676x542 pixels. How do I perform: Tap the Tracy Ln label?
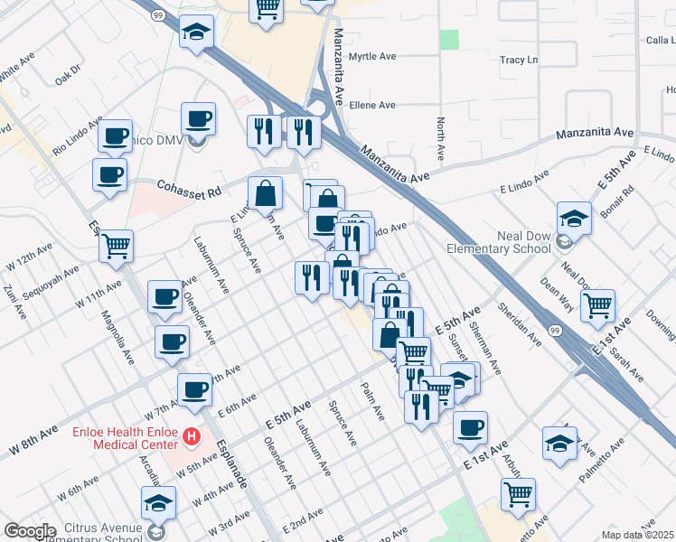tap(519, 61)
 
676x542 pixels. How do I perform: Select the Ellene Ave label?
tap(372, 105)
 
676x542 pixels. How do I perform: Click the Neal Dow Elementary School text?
tap(499, 242)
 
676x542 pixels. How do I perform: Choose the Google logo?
tap(29, 531)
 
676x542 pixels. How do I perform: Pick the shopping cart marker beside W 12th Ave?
tap(116, 245)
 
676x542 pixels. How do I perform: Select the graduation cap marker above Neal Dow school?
tap(573, 218)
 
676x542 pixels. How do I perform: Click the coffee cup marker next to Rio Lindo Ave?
tap(115, 136)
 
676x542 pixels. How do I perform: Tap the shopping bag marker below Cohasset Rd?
tap(265, 192)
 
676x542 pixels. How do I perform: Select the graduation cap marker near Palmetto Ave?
tap(559, 443)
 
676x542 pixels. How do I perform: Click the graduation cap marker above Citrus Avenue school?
tap(158, 501)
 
